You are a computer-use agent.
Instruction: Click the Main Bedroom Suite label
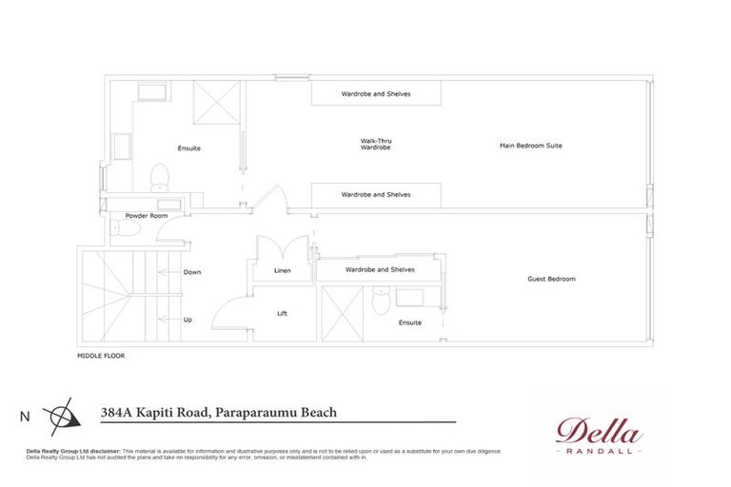point(530,146)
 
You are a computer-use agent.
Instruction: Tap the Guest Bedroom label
point(551,279)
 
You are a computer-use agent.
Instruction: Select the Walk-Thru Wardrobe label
point(376,145)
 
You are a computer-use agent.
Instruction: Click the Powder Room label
point(146,215)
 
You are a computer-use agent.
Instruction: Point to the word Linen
point(282,272)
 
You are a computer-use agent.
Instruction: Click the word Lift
point(282,313)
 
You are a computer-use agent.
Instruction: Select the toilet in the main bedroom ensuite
point(160,176)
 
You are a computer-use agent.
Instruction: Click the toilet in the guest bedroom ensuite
point(380,302)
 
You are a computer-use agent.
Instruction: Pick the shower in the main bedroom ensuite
point(216,102)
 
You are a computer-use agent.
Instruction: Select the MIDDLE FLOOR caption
point(101,356)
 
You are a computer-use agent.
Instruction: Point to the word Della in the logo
point(599,431)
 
